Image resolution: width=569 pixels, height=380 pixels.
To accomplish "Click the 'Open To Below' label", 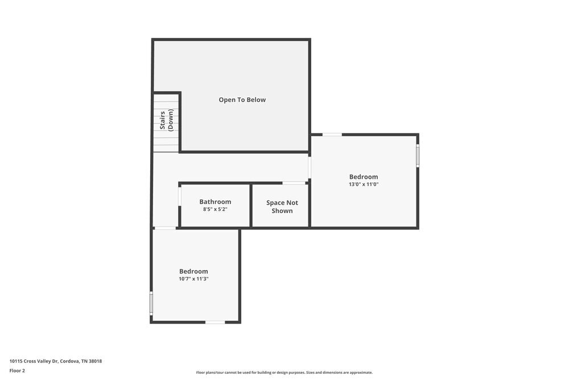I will pyautogui.click(x=242, y=100).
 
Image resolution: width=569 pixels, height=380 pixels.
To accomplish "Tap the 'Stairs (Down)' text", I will pyautogui.click(x=166, y=120).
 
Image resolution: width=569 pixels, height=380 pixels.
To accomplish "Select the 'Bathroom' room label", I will pyautogui.click(x=215, y=202).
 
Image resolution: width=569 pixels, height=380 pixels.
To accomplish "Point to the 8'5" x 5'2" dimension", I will pyautogui.click(x=215, y=210).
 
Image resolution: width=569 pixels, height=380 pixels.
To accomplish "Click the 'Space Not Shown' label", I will pyautogui.click(x=282, y=207).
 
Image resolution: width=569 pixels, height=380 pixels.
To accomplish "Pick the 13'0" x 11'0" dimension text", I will pyautogui.click(x=363, y=185).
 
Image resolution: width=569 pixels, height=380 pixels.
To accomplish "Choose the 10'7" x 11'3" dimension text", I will pyautogui.click(x=193, y=279).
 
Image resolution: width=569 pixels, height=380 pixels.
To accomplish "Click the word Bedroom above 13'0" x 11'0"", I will pyautogui.click(x=363, y=177).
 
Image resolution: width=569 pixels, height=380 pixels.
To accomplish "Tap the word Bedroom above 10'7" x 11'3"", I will pyautogui.click(x=193, y=271).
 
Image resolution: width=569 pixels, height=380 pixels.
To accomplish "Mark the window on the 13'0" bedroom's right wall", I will pyautogui.click(x=418, y=156).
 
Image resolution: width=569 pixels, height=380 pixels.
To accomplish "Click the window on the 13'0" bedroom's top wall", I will pyautogui.click(x=332, y=134).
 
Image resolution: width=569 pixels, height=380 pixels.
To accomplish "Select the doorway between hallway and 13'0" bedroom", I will pyautogui.click(x=310, y=168).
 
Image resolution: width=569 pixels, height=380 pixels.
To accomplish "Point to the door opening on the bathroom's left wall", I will pyautogui.click(x=179, y=197).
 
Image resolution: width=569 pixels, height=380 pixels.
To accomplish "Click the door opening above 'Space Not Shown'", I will pyautogui.click(x=294, y=183).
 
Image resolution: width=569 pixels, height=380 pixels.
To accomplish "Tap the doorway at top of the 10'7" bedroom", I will pyautogui.click(x=165, y=228).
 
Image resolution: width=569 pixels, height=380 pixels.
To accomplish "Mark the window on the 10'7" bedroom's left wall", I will pyautogui.click(x=151, y=303).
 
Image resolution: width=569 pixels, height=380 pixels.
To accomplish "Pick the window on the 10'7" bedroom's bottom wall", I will pyautogui.click(x=215, y=322).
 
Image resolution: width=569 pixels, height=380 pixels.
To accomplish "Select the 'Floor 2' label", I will pyautogui.click(x=17, y=370).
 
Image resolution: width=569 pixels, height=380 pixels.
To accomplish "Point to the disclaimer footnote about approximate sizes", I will pyautogui.click(x=284, y=373).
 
